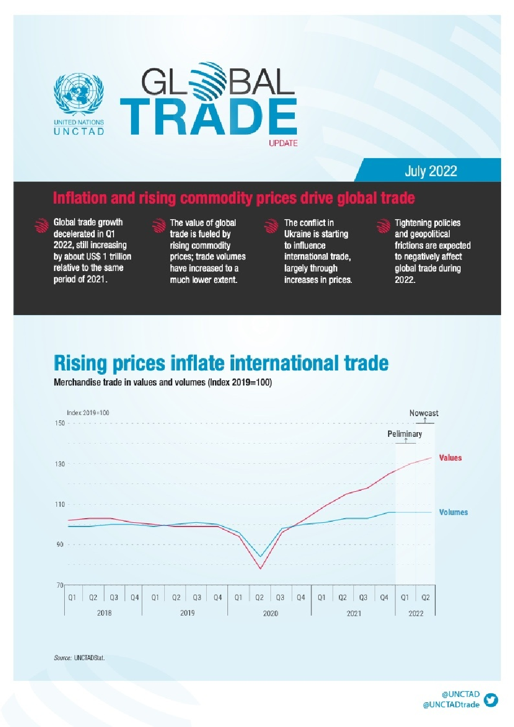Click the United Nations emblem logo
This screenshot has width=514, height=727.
pos(79,94)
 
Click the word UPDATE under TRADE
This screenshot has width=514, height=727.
pos(283,143)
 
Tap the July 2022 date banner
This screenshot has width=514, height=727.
pos(431,171)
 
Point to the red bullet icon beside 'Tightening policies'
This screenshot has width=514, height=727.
pos(383,226)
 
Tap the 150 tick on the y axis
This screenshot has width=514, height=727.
pos(60,423)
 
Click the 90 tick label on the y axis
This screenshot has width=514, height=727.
pos(60,545)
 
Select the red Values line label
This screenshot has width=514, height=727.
pos(450,458)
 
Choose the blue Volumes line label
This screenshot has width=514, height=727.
pos(453,512)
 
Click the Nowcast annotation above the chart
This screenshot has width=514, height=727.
pos(423,414)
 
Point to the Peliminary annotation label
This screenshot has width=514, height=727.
pos(405,434)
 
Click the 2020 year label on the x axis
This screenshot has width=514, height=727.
pos(270,614)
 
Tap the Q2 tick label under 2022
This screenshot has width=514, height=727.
pos(425,597)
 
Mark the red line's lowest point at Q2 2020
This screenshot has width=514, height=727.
pos(260,568)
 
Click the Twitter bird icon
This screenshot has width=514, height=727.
pos(490,700)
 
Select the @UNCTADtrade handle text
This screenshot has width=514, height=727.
pos(451,705)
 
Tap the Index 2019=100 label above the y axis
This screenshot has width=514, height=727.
pos(88,413)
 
